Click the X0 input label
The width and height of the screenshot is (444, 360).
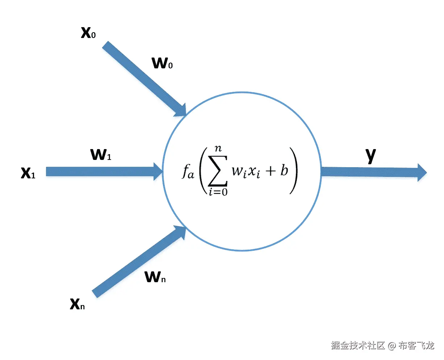pyautogui.click(x=88, y=33)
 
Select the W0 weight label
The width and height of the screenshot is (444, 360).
pyautogui.click(x=162, y=63)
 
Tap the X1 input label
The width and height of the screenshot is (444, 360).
pyautogui.click(x=28, y=173)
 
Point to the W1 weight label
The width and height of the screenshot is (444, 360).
pyautogui.click(x=101, y=154)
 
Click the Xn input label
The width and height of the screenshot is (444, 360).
pyautogui.click(x=77, y=304)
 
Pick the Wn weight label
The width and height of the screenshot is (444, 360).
pyautogui.click(x=155, y=277)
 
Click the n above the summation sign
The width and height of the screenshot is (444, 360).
pyautogui.click(x=218, y=148)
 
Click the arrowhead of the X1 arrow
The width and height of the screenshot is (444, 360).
pyautogui.click(x=158, y=171)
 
